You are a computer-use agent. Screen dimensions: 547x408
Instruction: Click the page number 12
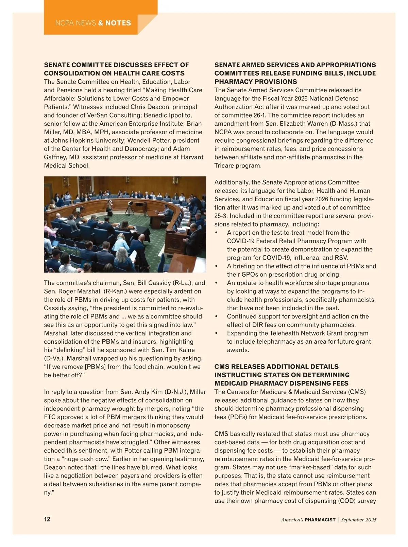coord(47,519)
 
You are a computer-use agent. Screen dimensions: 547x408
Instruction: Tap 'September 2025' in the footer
coord(359,520)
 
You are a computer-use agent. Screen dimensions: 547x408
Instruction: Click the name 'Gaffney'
coord(55,157)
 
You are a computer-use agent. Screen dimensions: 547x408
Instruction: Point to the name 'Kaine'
coord(186,350)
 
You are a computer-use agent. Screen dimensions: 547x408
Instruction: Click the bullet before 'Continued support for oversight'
coord(217,316)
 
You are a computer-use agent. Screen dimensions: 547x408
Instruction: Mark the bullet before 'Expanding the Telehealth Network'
coord(217,333)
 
